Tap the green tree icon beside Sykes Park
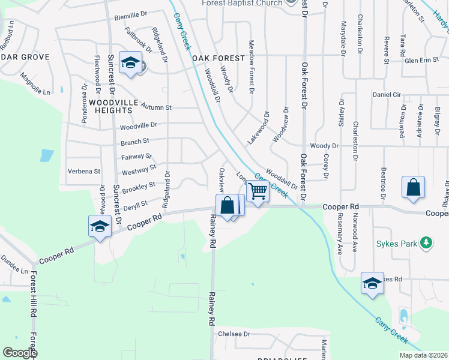[426, 243]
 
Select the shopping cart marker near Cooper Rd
[258, 192]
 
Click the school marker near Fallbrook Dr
[130, 64]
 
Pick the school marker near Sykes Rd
[372, 283]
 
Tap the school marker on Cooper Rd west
[100, 226]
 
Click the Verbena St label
[83, 171]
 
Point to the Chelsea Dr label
[234, 334]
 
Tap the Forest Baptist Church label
[243, 3]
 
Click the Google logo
[20, 353]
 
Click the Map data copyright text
[423, 355]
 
